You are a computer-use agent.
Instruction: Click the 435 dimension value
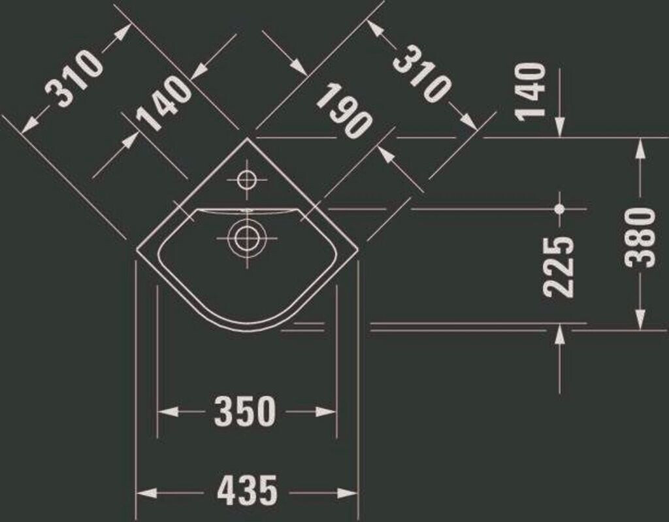click(x=248, y=491)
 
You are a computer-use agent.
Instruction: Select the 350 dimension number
click(x=245, y=412)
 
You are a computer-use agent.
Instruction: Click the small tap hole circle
click(x=246, y=178)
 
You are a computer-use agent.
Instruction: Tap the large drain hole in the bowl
click(x=246, y=238)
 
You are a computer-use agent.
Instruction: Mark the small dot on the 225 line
click(x=559, y=209)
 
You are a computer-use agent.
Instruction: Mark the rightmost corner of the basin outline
click(x=359, y=249)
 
